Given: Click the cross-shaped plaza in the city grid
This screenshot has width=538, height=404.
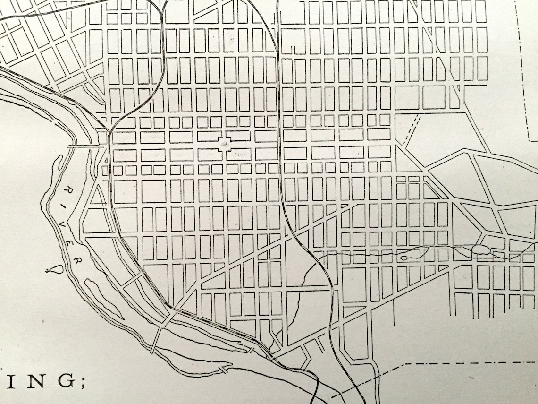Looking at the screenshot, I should click(x=226, y=143).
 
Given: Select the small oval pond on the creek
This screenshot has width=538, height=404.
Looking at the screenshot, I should click(x=404, y=258).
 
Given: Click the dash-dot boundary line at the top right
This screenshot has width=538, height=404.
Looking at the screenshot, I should click(x=527, y=71).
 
